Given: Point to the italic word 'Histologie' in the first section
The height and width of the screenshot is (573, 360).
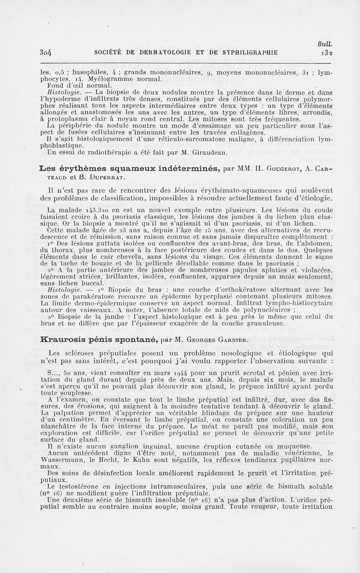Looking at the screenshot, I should pyautogui.click(x=63, y=91).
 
